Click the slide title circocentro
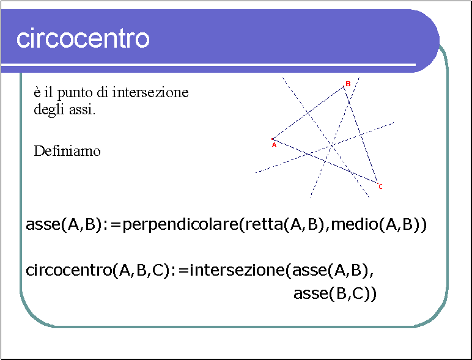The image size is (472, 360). pyautogui.click(x=83, y=39)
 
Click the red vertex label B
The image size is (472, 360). pyautogui.click(x=348, y=84)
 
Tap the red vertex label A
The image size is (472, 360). pyautogui.click(x=274, y=145)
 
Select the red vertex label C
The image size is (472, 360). pyautogui.click(x=380, y=186)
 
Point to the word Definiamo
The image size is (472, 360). pyautogui.click(x=67, y=151)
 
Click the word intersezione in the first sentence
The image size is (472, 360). pyautogui.click(x=150, y=92)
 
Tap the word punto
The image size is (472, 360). pyautogui.click(x=75, y=93)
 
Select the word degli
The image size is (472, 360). pyautogui.click(x=49, y=110)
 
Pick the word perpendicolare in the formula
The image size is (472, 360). pyautogui.click(x=180, y=225)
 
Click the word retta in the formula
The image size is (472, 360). pyautogui.click(x=264, y=224)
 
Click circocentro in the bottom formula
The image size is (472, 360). pyautogui.click(x=69, y=270)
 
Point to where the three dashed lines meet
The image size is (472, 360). pyautogui.click(x=332, y=145)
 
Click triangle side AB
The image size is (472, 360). pyautogui.click(x=308, y=112)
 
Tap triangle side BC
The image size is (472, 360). pyautogui.click(x=361, y=134)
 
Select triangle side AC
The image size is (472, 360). pyautogui.click(x=325, y=161)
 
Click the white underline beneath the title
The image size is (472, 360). pyautogui.click(x=208, y=65)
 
